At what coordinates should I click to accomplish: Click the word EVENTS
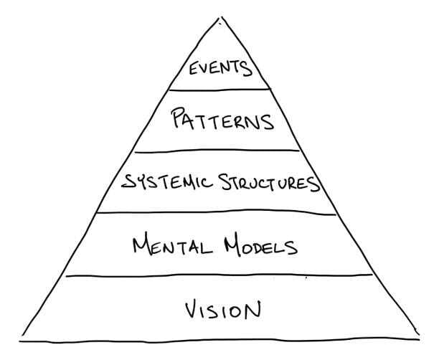(x=219, y=70)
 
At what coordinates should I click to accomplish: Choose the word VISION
(x=221, y=310)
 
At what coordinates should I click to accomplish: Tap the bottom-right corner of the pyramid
(x=419, y=337)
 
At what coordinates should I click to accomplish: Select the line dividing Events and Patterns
(x=219, y=90)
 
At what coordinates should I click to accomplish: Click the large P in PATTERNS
(x=178, y=118)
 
